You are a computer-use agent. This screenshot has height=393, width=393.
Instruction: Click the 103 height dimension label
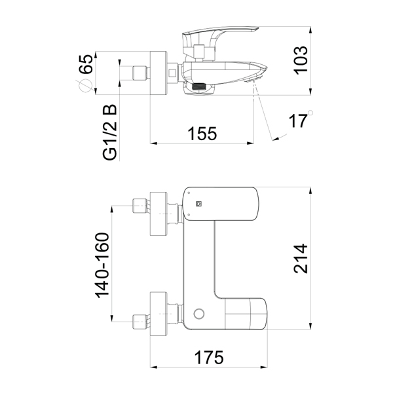tap(301, 60)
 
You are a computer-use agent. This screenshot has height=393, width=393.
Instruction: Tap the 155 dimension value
tap(202, 134)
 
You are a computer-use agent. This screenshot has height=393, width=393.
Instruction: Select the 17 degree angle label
tap(297, 121)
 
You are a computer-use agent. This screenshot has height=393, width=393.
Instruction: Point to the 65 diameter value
tap(86, 64)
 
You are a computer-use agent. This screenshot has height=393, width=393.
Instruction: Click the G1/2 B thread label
tap(110, 132)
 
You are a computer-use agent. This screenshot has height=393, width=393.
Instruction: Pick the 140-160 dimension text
tap(102, 265)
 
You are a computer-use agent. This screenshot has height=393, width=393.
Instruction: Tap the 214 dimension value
tap(301, 259)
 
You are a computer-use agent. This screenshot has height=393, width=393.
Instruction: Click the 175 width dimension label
tap(209, 358)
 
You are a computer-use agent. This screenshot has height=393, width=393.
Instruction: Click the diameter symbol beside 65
tap(84, 86)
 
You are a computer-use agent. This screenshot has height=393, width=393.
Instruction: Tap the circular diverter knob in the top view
tap(199, 314)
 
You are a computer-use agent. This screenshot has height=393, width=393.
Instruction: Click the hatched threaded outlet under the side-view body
tap(199, 86)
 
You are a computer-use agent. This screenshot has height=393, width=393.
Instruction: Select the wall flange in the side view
tap(159, 73)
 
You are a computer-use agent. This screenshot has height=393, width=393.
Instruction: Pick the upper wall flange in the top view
tap(159, 214)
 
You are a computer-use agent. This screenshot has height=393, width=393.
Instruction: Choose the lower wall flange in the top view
tap(159, 314)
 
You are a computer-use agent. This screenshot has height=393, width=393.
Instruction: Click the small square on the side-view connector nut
tap(172, 73)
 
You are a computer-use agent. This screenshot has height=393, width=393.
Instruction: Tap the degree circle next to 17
tap(310, 113)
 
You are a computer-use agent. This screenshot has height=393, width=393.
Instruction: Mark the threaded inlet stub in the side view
tap(141, 73)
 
